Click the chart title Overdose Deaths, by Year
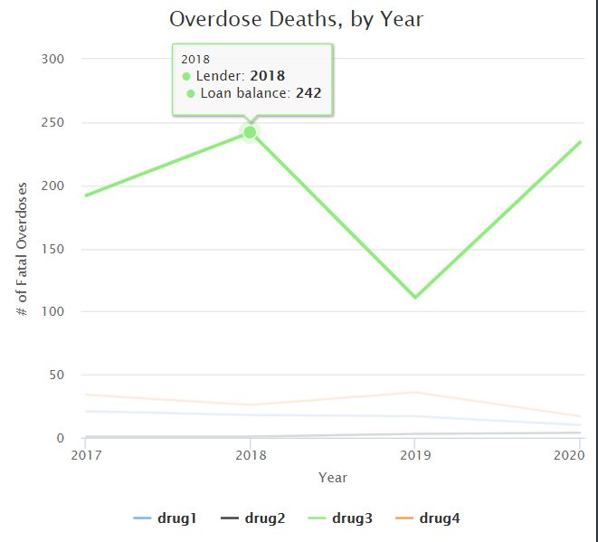[297, 19]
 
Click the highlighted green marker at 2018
[250, 132]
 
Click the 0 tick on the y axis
[60, 438]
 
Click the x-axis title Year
[332, 477]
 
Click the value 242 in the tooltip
[308, 93]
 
